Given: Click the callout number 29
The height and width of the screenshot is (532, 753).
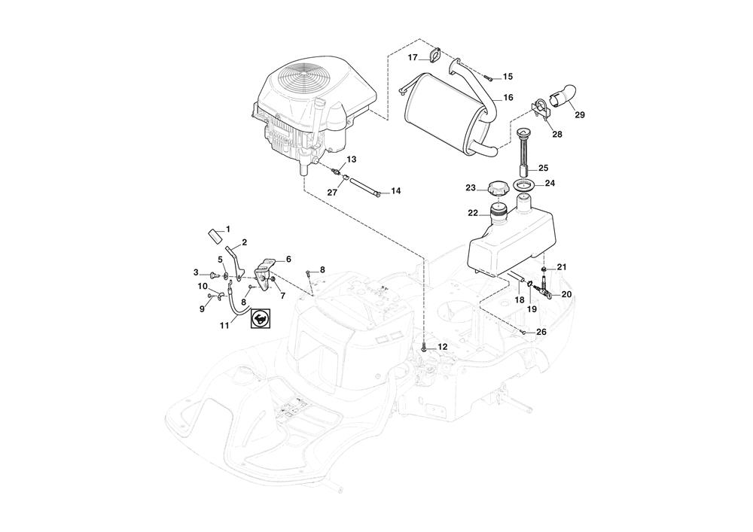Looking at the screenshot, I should coord(580,115).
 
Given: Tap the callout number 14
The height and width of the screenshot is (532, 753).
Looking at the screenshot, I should coord(396,192).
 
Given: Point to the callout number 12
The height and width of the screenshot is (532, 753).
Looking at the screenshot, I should coord(443,347).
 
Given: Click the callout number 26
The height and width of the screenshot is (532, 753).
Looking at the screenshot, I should coord(541,332).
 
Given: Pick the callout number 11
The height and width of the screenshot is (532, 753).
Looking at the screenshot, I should coord(224,325).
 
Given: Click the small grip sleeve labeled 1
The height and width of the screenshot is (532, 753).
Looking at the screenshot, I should coord(215,234).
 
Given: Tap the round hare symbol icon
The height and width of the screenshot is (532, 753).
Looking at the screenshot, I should coord(260,319).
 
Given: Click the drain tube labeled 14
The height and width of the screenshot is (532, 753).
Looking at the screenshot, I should coord(368,185).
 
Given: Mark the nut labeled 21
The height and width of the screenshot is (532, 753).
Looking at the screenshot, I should coord(544,269).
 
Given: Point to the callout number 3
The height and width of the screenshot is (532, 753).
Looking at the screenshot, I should coord(196,272).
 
